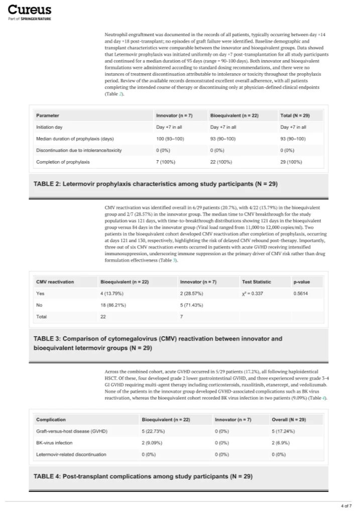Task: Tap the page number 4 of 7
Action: click(x=345, y=505)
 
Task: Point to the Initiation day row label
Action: click(x=49, y=127)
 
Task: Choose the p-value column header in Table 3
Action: click(x=302, y=282)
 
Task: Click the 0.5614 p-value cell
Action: click(x=301, y=293)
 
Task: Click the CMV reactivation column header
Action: click(x=55, y=282)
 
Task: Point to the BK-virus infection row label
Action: click(x=54, y=443)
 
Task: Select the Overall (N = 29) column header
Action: click(x=288, y=419)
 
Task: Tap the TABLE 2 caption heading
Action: click(x=155, y=184)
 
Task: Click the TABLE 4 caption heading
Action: click(x=143, y=476)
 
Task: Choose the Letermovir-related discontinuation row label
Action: click(x=71, y=454)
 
